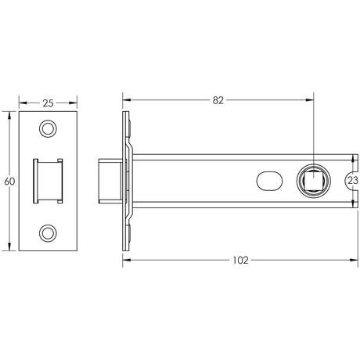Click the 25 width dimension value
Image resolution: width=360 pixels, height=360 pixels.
[48, 103]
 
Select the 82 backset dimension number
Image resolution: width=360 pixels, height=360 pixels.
[218, 100]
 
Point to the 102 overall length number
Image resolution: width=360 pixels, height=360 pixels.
[240, 260]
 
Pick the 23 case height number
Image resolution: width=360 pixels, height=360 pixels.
[352, 180]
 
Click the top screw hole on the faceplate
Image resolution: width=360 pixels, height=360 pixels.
[49, 128]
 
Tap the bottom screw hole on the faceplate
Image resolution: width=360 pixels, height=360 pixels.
[49, 232]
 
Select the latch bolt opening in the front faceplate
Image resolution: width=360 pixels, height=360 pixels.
[48, 180]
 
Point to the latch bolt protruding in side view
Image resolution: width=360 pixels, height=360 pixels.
[108, 180]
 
